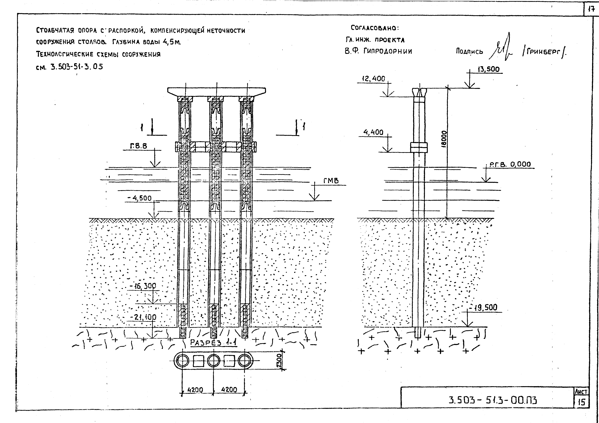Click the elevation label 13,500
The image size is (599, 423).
488,69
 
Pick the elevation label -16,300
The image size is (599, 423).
143,286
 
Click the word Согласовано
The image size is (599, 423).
375,28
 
